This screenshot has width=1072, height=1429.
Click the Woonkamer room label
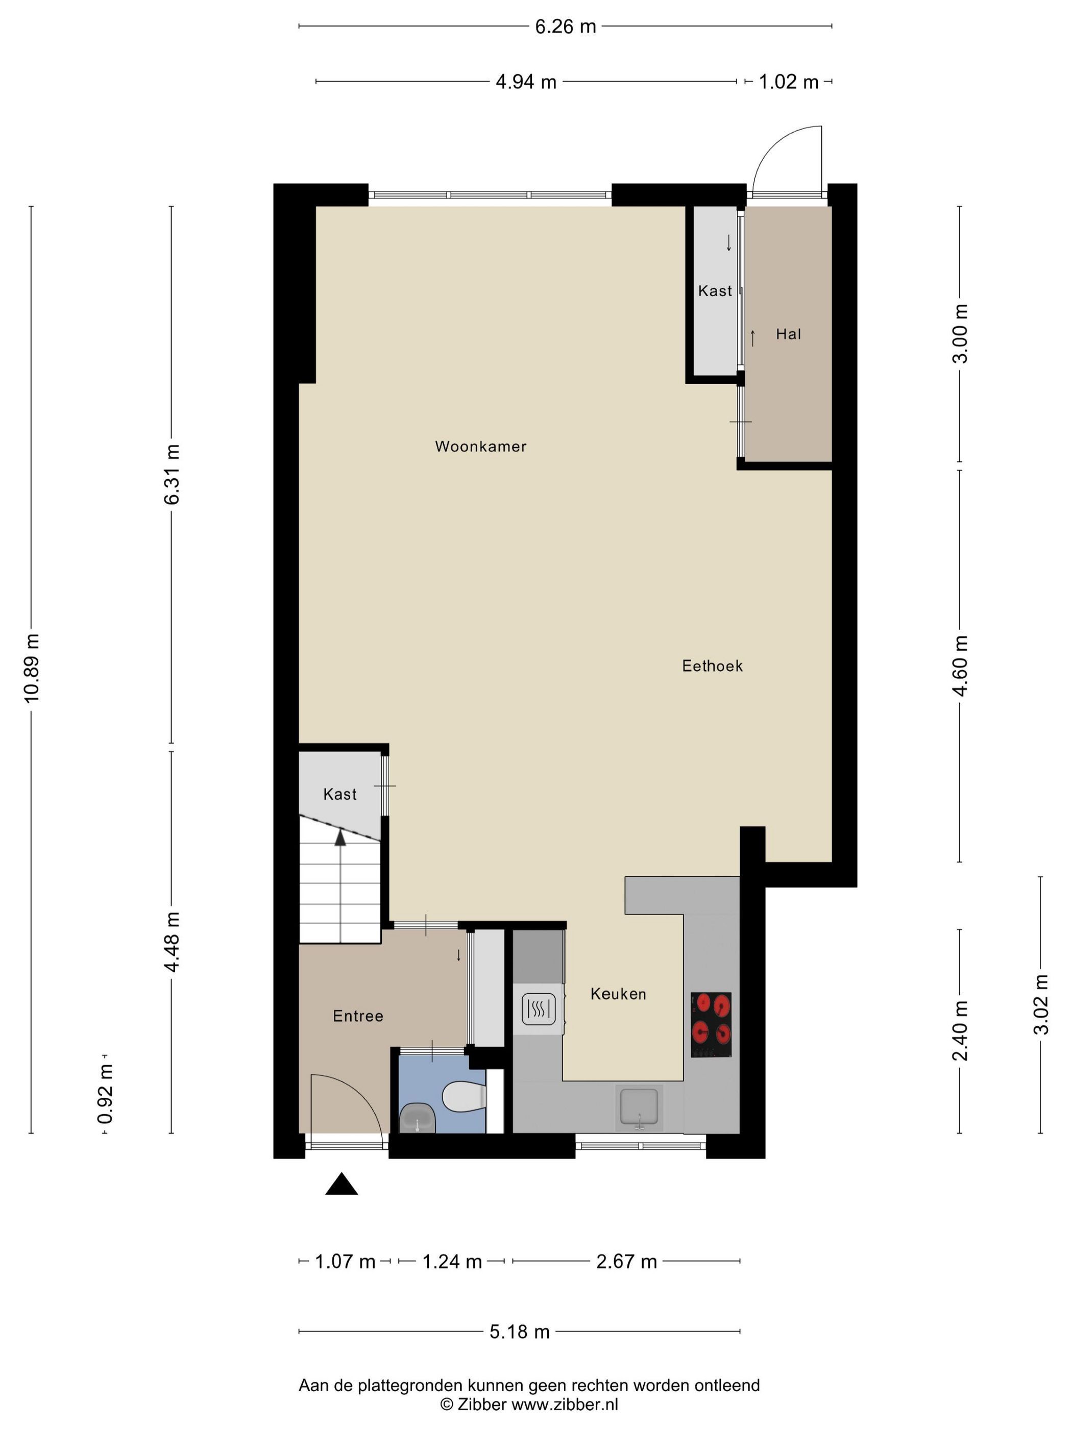[x=480, y=447]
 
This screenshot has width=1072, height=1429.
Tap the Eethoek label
[x=712, y=666]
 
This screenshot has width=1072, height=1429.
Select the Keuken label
[x=618, y=994]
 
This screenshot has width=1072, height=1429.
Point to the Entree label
[x=358, y=1016]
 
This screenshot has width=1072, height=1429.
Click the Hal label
[x=788, y=334]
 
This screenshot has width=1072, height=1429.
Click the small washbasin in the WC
[x=418, y=1119]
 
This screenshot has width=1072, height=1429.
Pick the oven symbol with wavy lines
[x=538, y=1008]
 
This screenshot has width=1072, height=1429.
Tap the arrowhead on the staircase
[x=340, y=837]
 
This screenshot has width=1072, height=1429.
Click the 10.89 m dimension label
[x=32, y=668]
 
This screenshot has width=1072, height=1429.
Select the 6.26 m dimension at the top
[x=566, y=27]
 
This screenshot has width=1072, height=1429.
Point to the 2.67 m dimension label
[x=626, y=1261]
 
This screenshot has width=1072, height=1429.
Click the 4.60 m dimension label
[x=961, y=666]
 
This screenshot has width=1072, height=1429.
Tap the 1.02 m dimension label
[x=788, y=82]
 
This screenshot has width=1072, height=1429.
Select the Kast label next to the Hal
[x=715, y=291]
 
